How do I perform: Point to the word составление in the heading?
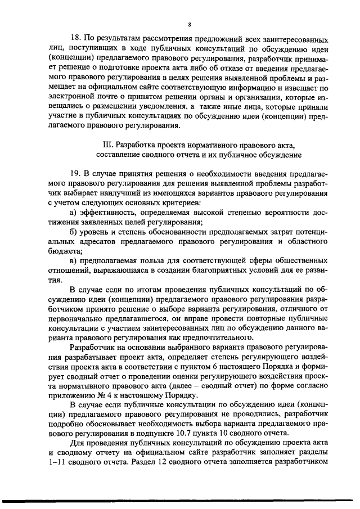(119, 154)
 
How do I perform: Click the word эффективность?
(106, 211)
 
